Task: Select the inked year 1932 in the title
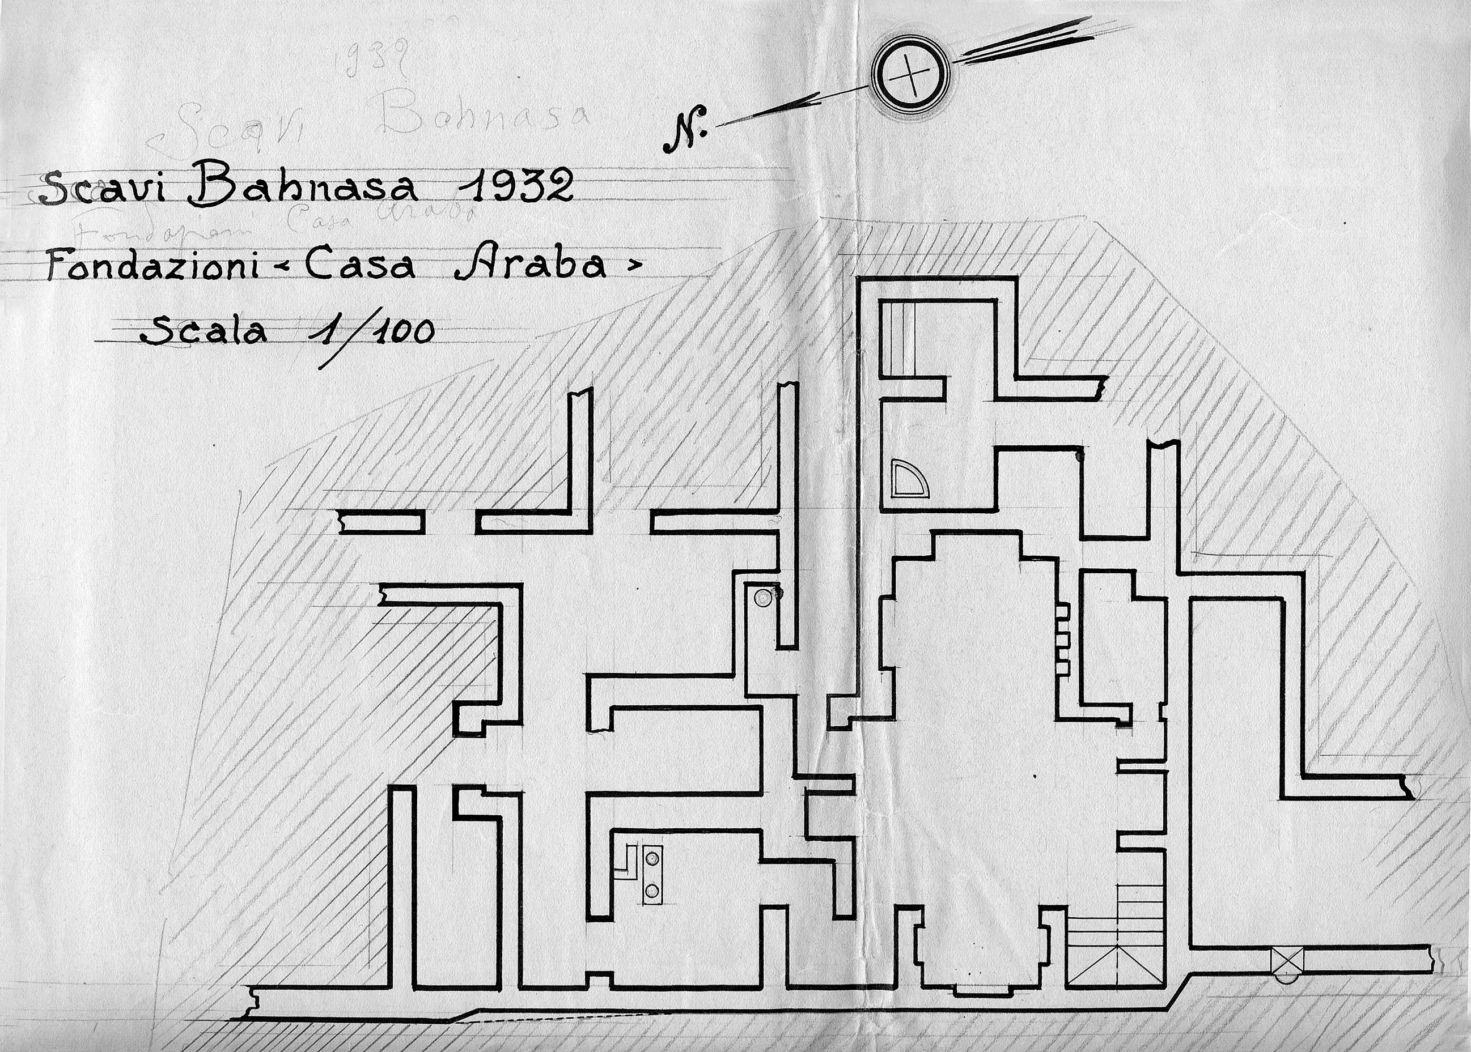[515, 186]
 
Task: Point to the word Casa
[359, 265]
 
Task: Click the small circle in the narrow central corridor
[764, 597]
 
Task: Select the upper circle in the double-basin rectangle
[652, 858]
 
